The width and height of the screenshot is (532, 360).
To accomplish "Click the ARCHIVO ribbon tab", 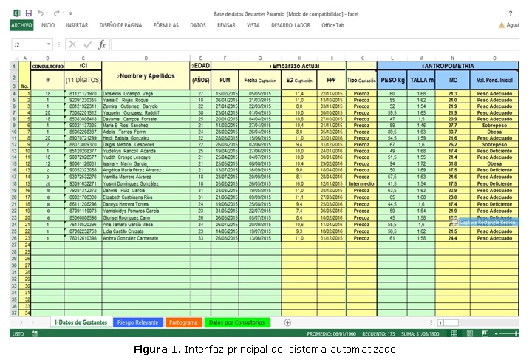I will [x=21, y=25].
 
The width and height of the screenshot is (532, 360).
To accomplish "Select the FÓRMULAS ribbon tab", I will [x=155, y=25].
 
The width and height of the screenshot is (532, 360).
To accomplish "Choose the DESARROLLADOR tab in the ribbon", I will [x=290, y=25].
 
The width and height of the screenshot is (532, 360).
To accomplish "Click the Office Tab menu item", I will [x=332, y=25].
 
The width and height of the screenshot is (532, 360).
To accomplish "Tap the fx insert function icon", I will [x=103, y=44].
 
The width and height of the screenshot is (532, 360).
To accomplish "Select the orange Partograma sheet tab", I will [x=183, y=322].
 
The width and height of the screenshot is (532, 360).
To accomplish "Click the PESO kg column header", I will [x=392, y=79].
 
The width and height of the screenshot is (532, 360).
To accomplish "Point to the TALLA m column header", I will [x=421, y=79].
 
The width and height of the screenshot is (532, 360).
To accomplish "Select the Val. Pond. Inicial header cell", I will [x=495, y=79].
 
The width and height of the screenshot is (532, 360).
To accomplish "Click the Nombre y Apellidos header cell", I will [x=151, y=75].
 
